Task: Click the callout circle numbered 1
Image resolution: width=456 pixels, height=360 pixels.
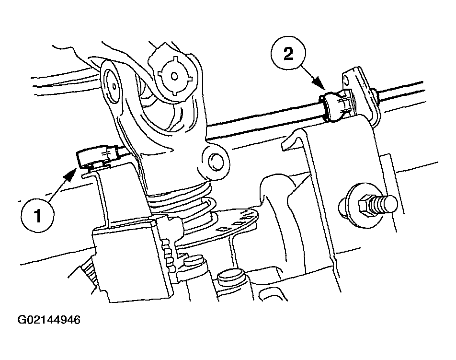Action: [37, 216]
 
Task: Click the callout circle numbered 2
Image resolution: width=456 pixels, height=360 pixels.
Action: [288, 54]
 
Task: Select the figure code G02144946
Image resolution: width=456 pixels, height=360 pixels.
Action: [49, 320]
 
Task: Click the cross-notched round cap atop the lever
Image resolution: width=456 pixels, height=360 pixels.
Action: [174, 76]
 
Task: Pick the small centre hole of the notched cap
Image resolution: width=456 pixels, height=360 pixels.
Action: [174, 76]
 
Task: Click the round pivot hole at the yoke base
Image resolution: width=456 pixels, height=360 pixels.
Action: [215, 160]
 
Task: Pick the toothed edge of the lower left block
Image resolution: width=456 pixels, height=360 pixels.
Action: [168, 250]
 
